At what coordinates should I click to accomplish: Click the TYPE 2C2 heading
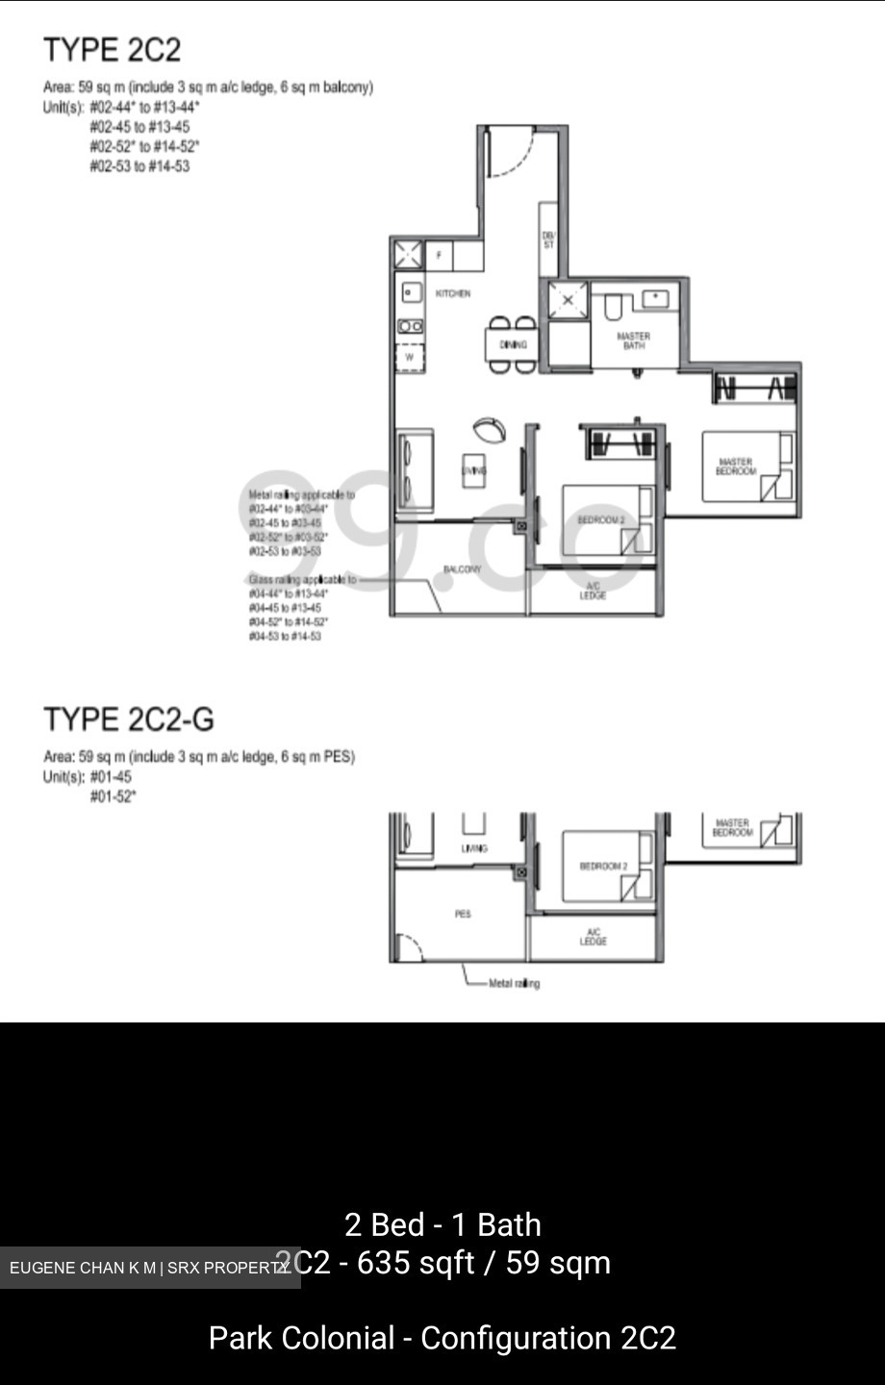point(112,50)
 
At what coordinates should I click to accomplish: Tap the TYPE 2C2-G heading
point(129,719)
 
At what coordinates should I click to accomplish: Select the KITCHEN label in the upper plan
point(453,293)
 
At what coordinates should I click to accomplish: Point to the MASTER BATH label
point(633,340)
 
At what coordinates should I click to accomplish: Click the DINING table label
point(513,344)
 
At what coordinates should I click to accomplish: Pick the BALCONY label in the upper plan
point(462,570)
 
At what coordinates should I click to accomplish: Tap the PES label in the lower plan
point(463,914)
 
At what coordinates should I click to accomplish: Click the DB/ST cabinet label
point(548,240)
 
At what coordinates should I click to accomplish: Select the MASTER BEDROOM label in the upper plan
point(736,466)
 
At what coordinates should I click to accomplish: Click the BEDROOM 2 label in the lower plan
point(603,867)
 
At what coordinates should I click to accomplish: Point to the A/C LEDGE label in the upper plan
point(594,591)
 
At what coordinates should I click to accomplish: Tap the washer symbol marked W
point(409,357)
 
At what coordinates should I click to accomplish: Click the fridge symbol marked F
point(439,255)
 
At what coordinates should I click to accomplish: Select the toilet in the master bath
point(612,307)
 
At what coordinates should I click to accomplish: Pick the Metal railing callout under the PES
point(514,983)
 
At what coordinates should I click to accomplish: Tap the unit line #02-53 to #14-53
point(139,166)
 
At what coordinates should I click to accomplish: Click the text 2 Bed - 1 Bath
point(442,1224)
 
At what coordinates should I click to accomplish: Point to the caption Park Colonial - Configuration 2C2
point(442,1338)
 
